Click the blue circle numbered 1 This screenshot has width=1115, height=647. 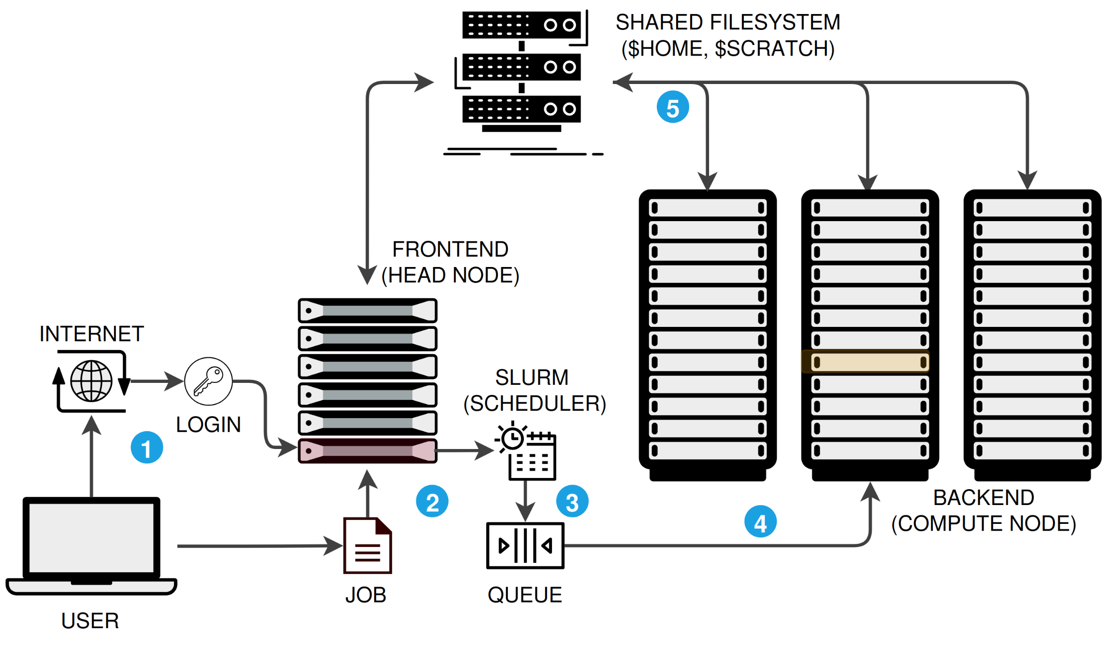[x=146, y=448]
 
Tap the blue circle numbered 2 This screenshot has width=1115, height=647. [x=432, y=501]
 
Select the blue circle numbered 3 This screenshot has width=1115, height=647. [x=572, y=502]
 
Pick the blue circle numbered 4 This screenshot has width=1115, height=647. [x=760, y=521]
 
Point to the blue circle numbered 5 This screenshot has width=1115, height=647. [x=672, y=107]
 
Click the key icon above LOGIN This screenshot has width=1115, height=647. [x=208, y=381]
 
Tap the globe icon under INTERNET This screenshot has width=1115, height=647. [x=91, y=381]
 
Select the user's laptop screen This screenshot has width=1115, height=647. [x=91, y=537]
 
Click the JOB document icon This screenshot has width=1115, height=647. [x=367, y=546]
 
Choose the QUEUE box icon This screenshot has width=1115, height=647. [x=525, y=546]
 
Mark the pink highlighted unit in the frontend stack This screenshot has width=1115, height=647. [x=367, y=451]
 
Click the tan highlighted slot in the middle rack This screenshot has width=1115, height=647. [x=869, y=362]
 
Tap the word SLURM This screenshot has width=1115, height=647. [x=532, y=378]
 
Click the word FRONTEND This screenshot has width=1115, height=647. [x=450, y=250]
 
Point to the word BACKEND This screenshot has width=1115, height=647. [x=983, y=498]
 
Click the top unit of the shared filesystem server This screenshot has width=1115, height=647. [x=521, y=25]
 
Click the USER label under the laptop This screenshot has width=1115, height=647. [x=90, y=621]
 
